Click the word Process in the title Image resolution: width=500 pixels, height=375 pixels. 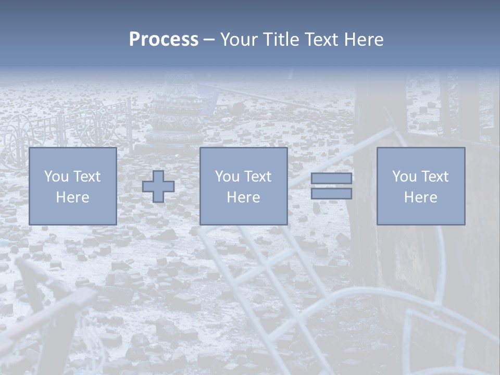[x=164, y=40]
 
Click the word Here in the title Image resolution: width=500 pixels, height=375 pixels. [x=364, y=40]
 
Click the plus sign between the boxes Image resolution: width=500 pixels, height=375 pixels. [x=158, y=186]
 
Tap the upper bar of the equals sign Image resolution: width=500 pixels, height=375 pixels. [x=331, y=179]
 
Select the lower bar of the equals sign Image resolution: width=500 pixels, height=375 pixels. [x=331, y=194]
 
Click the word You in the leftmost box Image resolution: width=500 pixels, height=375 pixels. [x=56, y=177]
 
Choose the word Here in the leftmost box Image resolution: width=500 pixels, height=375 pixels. [x=72, y=197]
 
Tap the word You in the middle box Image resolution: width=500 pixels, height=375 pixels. [x=227, y=177]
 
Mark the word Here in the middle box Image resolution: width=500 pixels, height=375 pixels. [x=243, y=197]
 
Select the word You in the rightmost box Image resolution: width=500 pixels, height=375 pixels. [x=404, y=177]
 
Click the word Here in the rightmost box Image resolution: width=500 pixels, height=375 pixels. [x=420, y=197]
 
